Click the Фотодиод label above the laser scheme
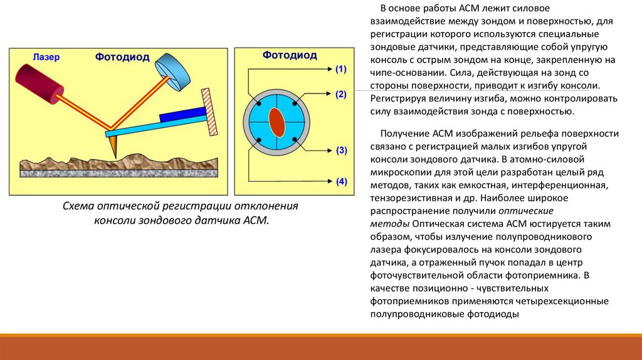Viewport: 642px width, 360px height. [x=122, y=57]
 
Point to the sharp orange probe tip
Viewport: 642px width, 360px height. [x=113, y=148]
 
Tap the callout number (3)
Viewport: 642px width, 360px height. [x=341, y=151]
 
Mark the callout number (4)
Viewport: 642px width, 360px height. [x=341, y=182]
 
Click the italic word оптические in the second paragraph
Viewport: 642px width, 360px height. [x=530, y=211]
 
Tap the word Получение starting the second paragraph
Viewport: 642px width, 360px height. [x=404, y=134]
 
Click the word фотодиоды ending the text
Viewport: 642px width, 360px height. [x=493, y=314]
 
